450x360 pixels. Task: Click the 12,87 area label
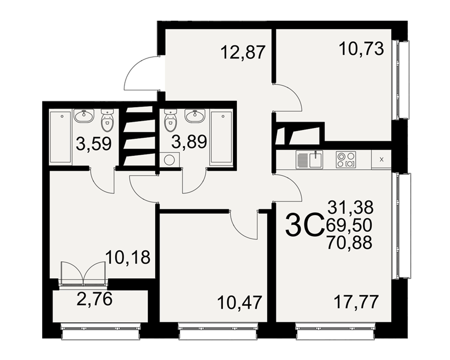tap(243, 52)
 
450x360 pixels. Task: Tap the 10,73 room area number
tap(361, 48)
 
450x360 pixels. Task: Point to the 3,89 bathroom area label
tap(189, 142)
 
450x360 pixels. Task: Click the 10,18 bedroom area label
tap(128, 257)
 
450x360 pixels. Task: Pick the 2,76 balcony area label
tap(94, 299)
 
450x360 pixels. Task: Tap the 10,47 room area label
tap(240, 302)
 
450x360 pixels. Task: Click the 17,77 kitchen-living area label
tap(356, 301)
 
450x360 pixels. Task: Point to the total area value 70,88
tap(349, 242)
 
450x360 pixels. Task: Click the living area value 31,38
tap(351, 207)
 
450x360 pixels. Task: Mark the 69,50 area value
tap(349, 225)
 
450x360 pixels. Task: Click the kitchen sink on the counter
tap(316, 159)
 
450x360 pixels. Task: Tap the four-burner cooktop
tap(346, 160)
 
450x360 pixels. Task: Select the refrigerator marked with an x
tap(382, 160)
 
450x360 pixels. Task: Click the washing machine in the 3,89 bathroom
tap(170, 160)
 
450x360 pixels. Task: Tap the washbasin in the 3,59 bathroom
tap(84, 116)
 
